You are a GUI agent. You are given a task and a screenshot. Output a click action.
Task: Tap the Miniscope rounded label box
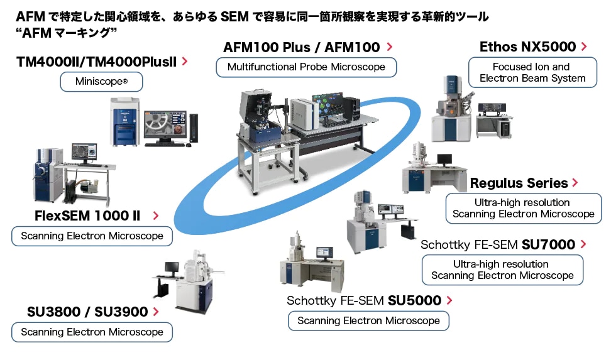point(101,82)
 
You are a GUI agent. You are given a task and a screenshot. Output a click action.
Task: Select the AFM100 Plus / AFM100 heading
point(302,47)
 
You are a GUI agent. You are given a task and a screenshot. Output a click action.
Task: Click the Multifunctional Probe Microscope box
point(306,67)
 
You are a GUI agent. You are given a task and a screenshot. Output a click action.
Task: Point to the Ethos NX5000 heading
point(527,46)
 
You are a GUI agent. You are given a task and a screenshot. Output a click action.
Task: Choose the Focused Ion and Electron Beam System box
point(532,72)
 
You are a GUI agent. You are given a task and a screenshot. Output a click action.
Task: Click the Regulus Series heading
point(519,183)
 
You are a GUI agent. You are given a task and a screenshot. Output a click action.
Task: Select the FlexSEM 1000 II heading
point(87,216)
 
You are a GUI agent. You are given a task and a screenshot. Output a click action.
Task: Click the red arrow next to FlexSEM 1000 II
point(155,216)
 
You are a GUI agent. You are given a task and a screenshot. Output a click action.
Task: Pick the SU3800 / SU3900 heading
point(87,312)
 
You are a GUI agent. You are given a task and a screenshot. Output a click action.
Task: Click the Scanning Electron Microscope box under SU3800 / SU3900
point(92,332)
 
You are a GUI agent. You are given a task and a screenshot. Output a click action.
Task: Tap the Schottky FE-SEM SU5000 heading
point(364,301)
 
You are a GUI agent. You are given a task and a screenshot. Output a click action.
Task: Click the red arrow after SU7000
point(583,244)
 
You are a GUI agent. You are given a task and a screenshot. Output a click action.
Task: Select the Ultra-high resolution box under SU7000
point(502,270)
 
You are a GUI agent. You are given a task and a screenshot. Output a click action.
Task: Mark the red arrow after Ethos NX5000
point(584,46)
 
